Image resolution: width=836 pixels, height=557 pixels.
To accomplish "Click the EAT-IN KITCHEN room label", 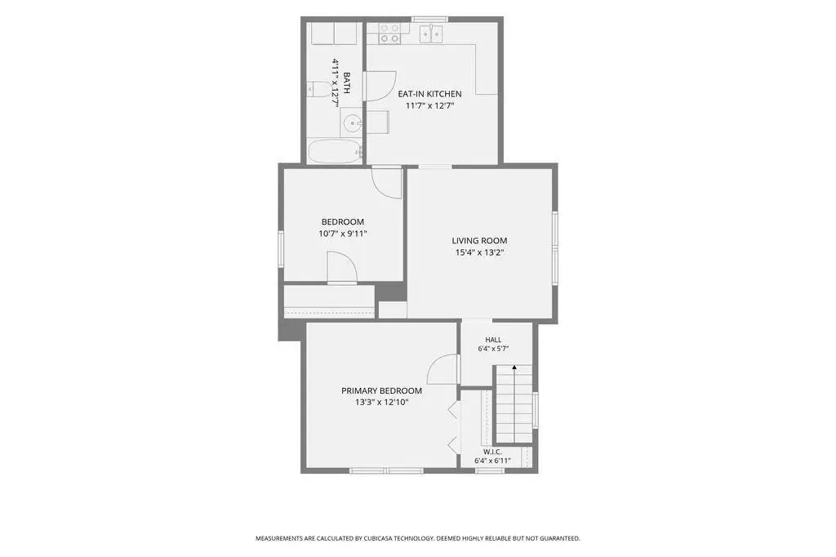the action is click(429, 94).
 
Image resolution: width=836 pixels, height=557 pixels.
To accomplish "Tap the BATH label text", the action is click(346, 83).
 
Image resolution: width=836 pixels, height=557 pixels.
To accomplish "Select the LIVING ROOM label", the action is click(479, 241).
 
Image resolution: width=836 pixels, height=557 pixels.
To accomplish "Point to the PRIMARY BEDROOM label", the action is click(382, 390).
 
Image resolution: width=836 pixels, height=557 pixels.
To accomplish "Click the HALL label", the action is click(493, 339).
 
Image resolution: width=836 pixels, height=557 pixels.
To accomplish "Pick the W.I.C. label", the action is click(492, 452).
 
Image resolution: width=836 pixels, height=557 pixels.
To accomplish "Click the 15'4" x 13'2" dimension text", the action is click(479, 252).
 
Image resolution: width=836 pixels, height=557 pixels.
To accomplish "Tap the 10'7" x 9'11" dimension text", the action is click(343, 233).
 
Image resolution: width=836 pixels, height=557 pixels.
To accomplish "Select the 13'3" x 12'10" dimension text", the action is click(382, 403).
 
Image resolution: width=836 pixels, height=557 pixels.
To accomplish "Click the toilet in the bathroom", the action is click(319, 88).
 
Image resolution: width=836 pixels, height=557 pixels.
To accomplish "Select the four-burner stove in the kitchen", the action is click(389, 33).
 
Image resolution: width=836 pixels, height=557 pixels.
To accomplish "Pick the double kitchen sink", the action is click(431, 33).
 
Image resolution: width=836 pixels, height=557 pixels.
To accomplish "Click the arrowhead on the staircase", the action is click(514, 368).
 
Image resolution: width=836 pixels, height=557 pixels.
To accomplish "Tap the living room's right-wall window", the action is click(555, 247).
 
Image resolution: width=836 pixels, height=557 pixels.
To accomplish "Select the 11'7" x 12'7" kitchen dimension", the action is click(429, 105).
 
